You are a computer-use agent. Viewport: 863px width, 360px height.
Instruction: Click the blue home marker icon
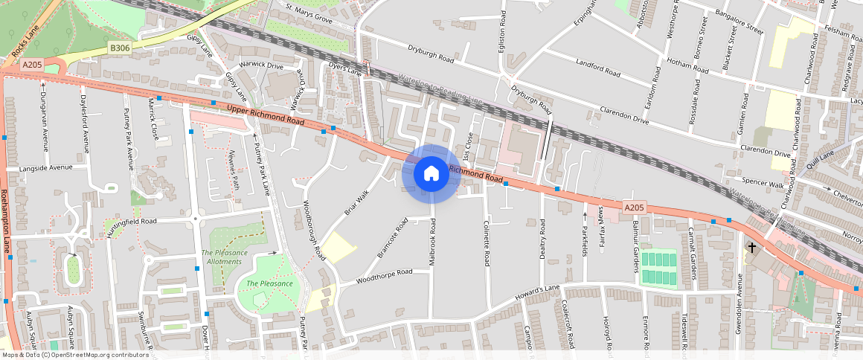click(x=431, y=174)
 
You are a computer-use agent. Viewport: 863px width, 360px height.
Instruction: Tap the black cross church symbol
click(x=752, y=247)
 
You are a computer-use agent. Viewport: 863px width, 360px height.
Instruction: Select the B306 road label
click(x=119, y=48)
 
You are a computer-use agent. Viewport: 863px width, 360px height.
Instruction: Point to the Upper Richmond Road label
click(x=266, y=115)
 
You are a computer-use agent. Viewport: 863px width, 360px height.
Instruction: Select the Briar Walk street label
click(x=356, y=203)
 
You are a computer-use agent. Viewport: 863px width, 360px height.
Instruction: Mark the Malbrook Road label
click(x=431, y=242)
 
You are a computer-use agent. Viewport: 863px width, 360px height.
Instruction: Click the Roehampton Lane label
click(x=6, y=222)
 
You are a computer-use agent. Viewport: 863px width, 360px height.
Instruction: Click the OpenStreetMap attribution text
click(x=75, y=355)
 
